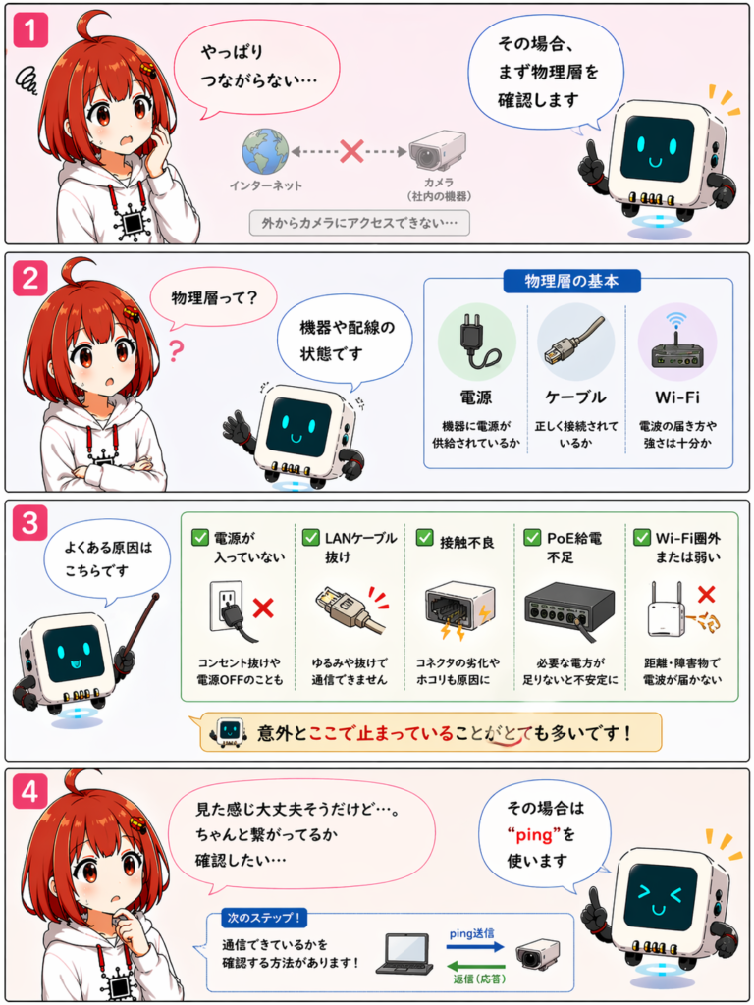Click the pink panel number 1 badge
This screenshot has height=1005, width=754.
[30, 29]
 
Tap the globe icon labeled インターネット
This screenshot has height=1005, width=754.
[265, 152]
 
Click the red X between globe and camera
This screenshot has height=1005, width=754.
[351, 151]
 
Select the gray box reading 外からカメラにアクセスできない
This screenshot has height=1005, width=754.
[359, 223]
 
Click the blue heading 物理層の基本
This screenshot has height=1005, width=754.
[571, 281]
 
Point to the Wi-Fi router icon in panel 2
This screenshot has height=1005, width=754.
[677, 342]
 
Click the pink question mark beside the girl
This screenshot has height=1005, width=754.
[176, 351]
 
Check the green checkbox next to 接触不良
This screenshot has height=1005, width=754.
[424, 537]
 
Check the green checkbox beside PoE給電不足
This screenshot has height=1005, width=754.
[532, 537]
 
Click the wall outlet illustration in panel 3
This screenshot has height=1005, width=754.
[229, 608]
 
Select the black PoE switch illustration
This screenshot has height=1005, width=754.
[569, 608]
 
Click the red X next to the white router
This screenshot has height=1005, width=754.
[706, 594]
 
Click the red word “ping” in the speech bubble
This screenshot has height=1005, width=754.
[533, 835]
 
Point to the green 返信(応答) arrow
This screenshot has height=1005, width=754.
[476, 967]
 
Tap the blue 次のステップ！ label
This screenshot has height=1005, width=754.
[264, 918]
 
